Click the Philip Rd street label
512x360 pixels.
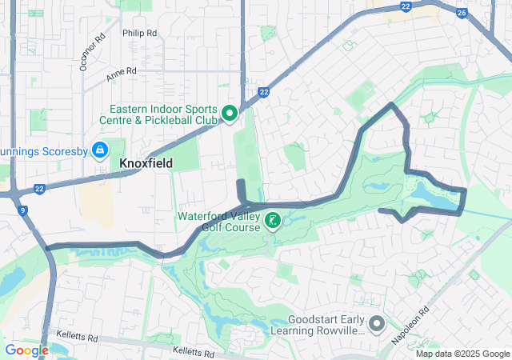[139, 33]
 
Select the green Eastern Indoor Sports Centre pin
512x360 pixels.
[230, 114]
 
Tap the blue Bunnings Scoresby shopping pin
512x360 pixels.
[100, 150]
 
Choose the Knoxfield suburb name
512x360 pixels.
[146, 163]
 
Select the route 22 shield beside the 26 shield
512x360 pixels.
[406, 6]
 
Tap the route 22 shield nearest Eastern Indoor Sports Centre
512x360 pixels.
[263, 93]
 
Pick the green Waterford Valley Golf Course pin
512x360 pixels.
[272, 219]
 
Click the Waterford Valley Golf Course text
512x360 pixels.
[218, 221]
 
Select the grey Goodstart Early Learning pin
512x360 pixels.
[377, 324]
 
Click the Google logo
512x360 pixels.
[26, 350]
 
